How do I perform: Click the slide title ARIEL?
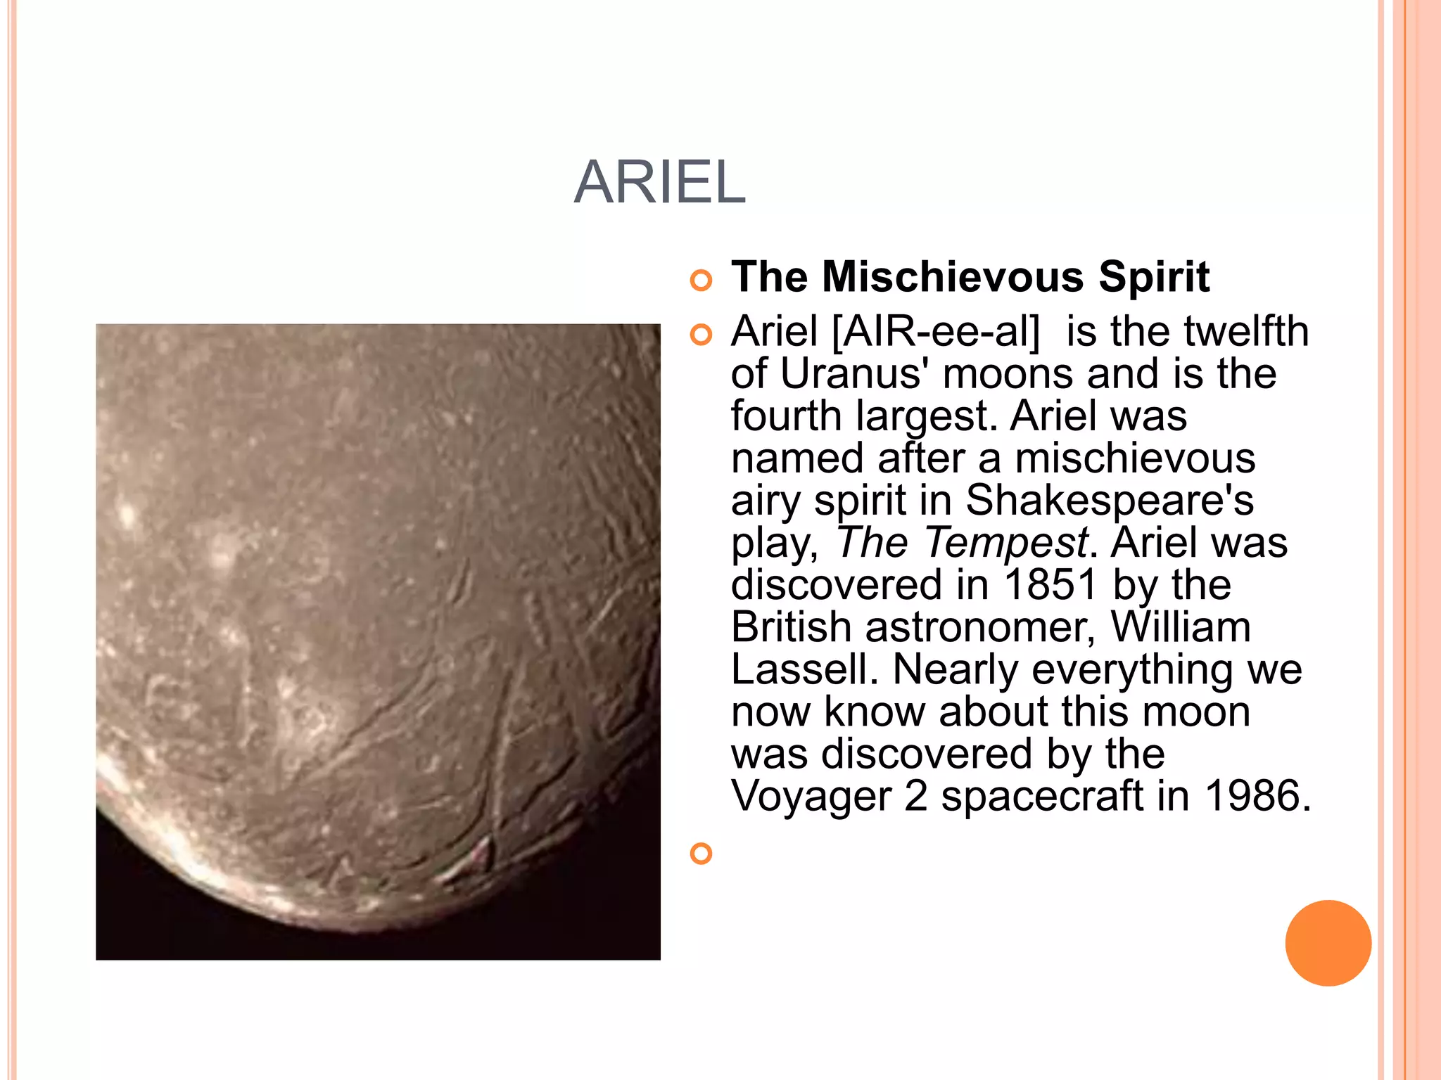click(x=659, y=182)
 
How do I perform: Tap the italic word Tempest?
click(x=1006, y=543)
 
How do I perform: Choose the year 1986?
click(x=1257, y=796)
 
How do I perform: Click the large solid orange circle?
click(x=1328, y=943)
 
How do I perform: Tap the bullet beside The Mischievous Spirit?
click(x=701, y=281)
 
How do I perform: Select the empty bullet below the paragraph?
click(x=701, y=854)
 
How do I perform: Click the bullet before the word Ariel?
click(x=701, y=335)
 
